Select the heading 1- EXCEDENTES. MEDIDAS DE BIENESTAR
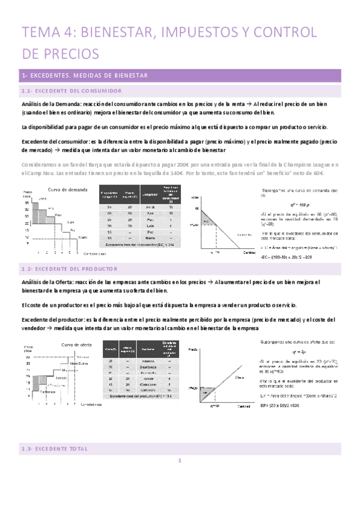coord(88,75)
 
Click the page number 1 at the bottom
coord(180,479)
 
